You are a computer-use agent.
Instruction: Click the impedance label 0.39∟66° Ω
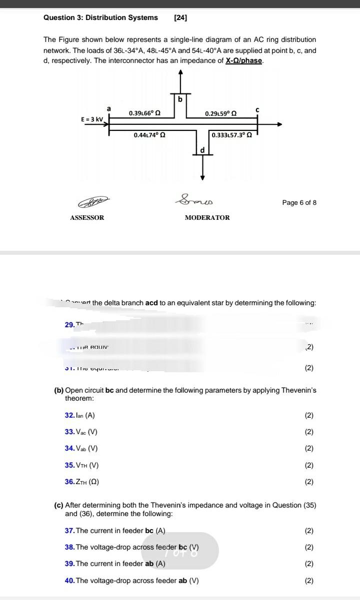tap(144, 113)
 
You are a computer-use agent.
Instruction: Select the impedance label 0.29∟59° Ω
tap(220, 114)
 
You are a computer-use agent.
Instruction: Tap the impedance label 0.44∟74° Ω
tap(149, 135)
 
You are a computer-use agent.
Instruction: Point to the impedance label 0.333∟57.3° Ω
tap(231, 135)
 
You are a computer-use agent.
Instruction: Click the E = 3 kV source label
tap(92, 119)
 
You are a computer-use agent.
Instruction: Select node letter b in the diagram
tap(180, 99)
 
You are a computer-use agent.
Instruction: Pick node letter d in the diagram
tap(202, 149)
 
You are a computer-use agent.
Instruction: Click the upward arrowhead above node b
tap(180, 73)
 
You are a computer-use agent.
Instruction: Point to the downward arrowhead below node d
tap(202, 176)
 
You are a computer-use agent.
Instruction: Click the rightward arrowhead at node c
tap(279, 124)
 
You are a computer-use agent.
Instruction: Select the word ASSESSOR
tap(87, 218)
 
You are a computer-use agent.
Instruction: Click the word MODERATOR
tap(207, 218)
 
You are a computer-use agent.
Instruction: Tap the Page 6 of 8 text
tap(299, 203)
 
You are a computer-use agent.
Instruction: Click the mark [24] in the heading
tap(180, 17)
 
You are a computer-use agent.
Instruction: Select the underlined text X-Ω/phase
tap(244, 61)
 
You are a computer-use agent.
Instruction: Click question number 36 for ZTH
tap(69, 482)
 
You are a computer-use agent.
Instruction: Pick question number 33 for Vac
tap(69, 432)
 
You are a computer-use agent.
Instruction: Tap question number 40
tap(69, 581)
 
